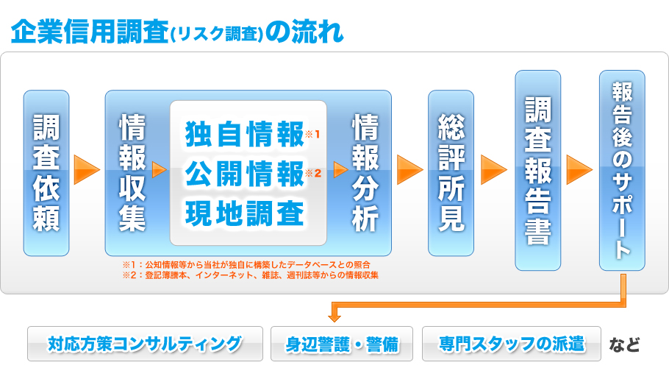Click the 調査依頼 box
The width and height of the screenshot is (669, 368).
coord(46,173)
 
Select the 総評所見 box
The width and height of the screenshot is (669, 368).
coord(451,173)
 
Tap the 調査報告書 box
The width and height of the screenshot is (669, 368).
coord(537,170)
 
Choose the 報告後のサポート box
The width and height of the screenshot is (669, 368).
coord(622,170)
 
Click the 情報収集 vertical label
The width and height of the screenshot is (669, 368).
coord(132,172)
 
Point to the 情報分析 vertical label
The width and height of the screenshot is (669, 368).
coord(365,172)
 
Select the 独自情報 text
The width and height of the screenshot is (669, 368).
coord(245,134)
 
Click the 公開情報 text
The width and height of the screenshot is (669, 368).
coord(245,174)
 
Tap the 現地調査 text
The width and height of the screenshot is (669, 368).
coord(245,213)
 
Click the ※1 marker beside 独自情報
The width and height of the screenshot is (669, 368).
coord(312,135)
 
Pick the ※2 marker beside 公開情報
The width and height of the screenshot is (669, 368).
coord(313,173)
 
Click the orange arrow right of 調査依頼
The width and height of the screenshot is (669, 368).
coord(87,170)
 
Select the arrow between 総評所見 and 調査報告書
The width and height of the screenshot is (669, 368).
coord(494,170)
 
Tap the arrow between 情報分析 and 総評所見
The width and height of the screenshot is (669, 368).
coord(410,170)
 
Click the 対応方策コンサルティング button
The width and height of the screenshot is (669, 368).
coord(145,344)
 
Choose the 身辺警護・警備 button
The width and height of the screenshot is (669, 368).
coord(342,344)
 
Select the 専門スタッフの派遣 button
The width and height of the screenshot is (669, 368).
coord(512,344)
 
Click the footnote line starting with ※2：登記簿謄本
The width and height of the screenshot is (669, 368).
coord(251,275)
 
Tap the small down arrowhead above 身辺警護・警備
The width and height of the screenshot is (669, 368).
coord(334,318)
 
